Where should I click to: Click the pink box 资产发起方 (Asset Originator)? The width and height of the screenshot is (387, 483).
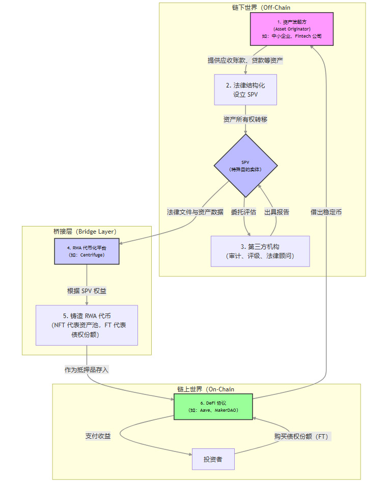click(x=291, y=29)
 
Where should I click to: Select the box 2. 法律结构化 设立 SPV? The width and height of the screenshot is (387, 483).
click(x=245, y=90)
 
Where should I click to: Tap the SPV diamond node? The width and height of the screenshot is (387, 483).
click(x=245, y=165)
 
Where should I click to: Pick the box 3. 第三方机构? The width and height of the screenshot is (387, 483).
click(x=260, y=251)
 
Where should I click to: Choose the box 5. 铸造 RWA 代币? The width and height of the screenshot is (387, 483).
click(x=87, y=325)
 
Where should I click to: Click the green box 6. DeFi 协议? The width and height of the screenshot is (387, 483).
click(x=213, y=406)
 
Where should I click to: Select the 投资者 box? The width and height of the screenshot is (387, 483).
click(x=213, y=459)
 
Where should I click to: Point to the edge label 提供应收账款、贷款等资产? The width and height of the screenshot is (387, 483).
click(x=245, y=60)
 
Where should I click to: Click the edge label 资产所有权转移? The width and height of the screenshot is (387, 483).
click(x=245, y=119)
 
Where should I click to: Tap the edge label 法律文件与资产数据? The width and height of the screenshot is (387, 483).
click(x=195, y=212)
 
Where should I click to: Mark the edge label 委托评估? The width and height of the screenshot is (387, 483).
click(x=243, y=212)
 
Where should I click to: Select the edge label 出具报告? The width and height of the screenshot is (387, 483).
click(x=277, y=212)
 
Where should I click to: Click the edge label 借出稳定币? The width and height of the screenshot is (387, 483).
click(x=326, y=212)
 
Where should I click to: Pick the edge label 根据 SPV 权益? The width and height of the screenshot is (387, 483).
click(x=87, y=291)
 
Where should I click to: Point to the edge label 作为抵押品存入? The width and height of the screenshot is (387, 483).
click(x=87, y=370)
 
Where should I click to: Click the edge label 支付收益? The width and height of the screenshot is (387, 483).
click(x=98, y=436)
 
